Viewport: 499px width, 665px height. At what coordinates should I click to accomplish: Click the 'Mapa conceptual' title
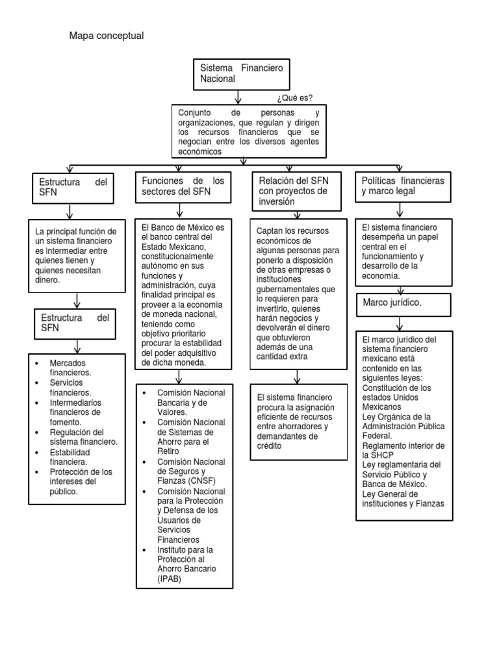(106, 36)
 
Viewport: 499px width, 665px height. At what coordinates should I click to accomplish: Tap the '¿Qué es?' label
(294, 98)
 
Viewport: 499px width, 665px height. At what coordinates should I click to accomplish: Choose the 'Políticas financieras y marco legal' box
(403, 186)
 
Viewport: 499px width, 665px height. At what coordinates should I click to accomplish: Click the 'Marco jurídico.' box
(403, 303)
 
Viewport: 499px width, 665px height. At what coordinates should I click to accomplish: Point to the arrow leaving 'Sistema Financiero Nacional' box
(238, 96)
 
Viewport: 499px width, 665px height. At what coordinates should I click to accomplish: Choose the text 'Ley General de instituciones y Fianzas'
(403, 498)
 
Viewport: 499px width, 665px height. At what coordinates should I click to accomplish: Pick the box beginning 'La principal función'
(77, 255)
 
